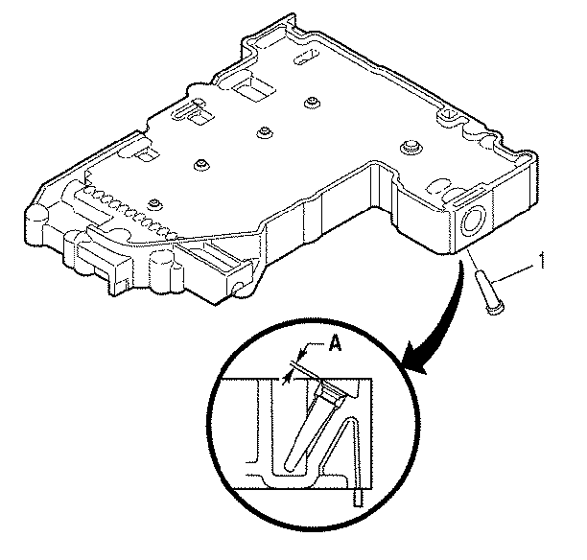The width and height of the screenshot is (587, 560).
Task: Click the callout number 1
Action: tap(541, 260)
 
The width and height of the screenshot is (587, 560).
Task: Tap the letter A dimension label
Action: tap(335, 343)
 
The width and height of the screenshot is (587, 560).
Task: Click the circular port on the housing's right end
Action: tap(475, 222)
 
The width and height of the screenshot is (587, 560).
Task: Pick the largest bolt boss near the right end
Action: tap(411, 146)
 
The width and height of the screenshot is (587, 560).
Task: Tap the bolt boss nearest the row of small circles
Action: tap(154, 205)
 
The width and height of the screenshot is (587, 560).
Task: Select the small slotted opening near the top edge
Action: tap(307, 56)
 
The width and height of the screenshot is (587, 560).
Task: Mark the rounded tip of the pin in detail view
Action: tap(290, 465)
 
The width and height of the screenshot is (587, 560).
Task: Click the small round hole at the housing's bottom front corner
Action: tap(238, 289)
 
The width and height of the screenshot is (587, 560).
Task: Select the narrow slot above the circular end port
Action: tap(471, 198)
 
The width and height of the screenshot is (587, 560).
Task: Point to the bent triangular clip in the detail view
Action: tap(342, 449)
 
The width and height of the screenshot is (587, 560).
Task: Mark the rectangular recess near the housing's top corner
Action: tap(253, 87)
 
